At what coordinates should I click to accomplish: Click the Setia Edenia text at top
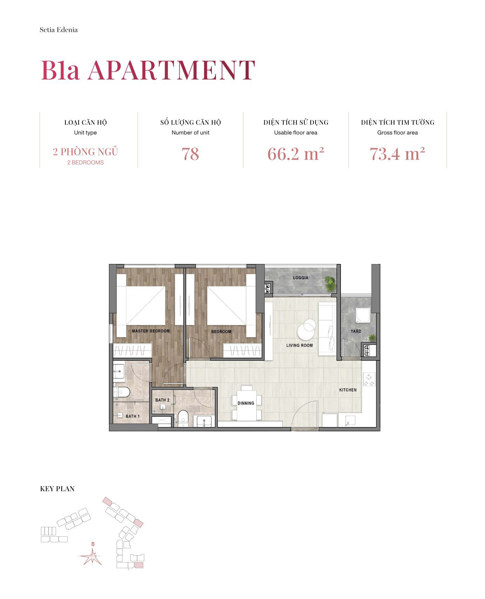[x=58, y=30]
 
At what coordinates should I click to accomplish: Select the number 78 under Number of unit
[x=190, y=154]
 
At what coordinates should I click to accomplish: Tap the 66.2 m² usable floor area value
[x=296, y=154]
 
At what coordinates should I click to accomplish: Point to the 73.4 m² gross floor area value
[x=397, y=154]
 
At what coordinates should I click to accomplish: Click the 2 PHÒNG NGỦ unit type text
[x=85, y=152]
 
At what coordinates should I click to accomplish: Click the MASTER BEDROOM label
[x=151, y=331]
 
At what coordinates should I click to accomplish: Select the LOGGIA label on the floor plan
[x=300, y=278]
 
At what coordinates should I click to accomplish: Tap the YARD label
[x=356, y=331]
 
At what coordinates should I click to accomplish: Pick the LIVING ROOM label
[x=299, y=346]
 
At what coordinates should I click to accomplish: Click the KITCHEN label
[x=348, y=390]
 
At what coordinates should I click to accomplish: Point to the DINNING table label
[x=246, y=403]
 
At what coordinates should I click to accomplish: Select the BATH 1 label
[x=132, y=416]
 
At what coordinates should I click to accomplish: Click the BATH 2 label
[x=162, y=400]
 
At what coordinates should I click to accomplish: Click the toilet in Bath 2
[x=183, y=418]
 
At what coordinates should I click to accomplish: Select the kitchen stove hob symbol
[x=369, y=380]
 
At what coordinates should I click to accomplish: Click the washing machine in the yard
[x=363, y=315]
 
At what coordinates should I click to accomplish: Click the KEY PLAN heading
[x=57, y=489]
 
